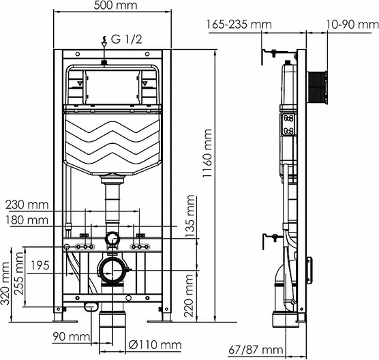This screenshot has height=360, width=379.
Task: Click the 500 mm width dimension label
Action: pyautogui.click(x=115, y=5)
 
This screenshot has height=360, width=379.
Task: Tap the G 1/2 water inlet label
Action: pyautogui.click(x=126, y=40)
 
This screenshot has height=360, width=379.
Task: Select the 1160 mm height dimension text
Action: pyautogui.click(x=207, y=153)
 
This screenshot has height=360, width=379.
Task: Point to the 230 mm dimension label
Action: pyautogui.click(x=27, y=205)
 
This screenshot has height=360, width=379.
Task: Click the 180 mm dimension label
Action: pyautogui.click(x=27, y=220)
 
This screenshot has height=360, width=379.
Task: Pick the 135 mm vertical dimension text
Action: pyautogui.click(x=189, y=216)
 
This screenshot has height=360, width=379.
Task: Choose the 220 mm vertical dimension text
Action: pyautogui.click(x=189, y=296)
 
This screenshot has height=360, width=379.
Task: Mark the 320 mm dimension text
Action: pyautogui.click(x=5, y=284)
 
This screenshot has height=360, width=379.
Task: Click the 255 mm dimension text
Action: pyautogui.click(x=18, y=273)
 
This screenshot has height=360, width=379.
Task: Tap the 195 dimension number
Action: pyautogui.click(x=40, y=265)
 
